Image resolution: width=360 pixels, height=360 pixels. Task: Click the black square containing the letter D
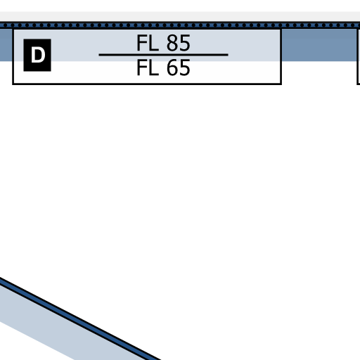click(37, 55)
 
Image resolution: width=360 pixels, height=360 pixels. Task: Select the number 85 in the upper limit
click(179, 43)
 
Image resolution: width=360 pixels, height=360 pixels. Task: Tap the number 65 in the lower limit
click(179, 67)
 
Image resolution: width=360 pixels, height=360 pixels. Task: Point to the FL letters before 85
click(148, 43)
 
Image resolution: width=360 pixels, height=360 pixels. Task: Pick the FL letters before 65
click(148, 67)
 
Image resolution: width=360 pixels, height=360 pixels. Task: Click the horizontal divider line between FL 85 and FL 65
click(163, 55)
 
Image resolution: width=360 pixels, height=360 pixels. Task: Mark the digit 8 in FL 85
click(172, 43)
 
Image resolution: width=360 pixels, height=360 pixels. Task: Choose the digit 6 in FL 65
click(172, 67)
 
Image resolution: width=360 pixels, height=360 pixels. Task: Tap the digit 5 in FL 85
click(185, 43)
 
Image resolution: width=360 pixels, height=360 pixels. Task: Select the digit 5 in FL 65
click(185, 67)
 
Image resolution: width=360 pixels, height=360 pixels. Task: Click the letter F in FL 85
click(141, 43)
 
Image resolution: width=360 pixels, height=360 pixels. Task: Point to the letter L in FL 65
click(154, 67)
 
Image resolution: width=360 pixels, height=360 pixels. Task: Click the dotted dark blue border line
click(180, 25)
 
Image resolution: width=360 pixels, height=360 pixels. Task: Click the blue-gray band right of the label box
click(319, 44)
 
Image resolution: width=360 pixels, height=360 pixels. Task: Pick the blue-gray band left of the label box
click(6, 44)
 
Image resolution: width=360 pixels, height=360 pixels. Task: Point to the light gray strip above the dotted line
click(180, 16)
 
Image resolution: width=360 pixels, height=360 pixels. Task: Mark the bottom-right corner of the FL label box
click(281, 84)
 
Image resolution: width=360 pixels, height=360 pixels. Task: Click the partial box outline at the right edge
click(358, 56)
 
